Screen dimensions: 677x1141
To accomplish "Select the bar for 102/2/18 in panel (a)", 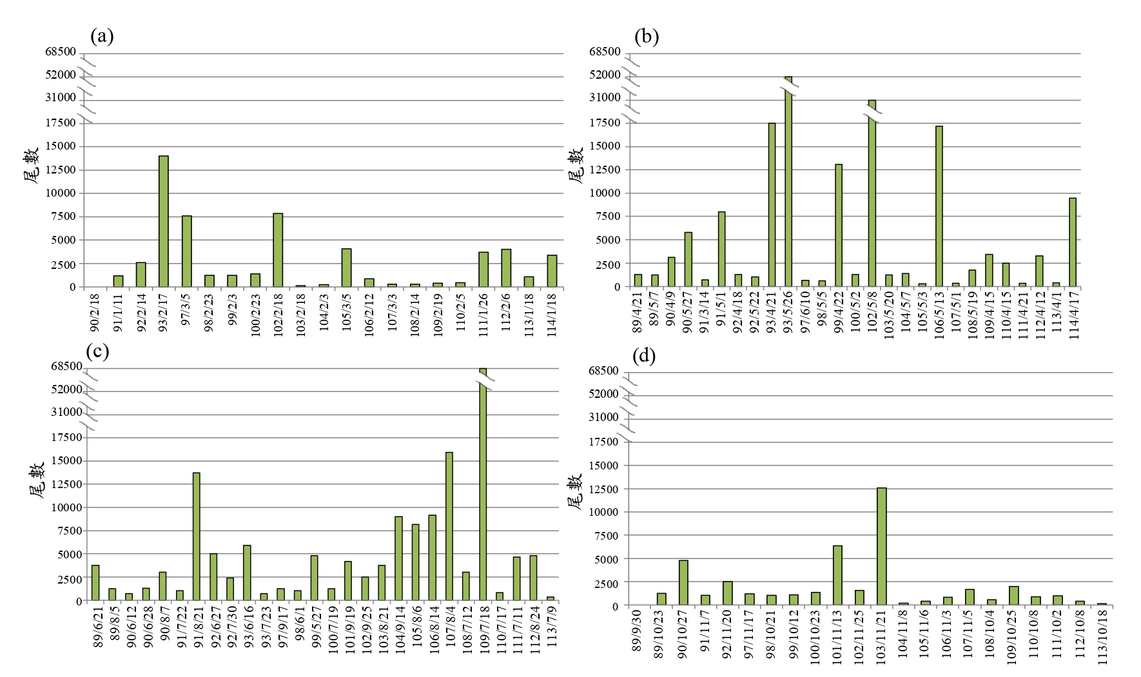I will (278, 250).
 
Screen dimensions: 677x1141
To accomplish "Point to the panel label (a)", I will (102, 36).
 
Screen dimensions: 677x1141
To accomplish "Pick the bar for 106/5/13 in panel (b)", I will (939, 206).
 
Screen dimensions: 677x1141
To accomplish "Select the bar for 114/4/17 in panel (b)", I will (1073, 242).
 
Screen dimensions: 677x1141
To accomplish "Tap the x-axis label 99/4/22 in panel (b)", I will (839, 312).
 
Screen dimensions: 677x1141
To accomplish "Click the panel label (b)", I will (646, 36).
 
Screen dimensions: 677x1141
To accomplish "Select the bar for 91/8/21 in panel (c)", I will (197, 537).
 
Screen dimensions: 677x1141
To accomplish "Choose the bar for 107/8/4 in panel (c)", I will (449, 527).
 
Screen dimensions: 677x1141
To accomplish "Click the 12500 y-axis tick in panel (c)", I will (67, 484).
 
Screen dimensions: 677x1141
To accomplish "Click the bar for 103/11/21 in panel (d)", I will (882, 547).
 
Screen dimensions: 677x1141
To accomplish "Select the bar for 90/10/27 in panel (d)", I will (683, 583).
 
